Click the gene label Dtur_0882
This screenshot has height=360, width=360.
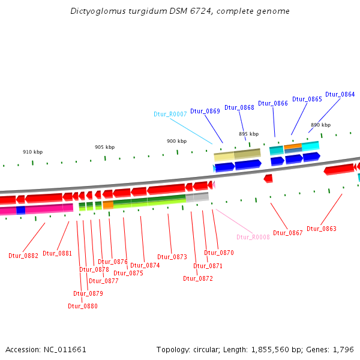click(23, 256)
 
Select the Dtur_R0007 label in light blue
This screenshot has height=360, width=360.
click(170, 114)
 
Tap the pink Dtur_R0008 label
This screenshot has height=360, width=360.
click(253, 237)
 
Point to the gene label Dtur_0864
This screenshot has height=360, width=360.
click(340, 95)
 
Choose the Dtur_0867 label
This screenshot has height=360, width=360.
click(287, 233)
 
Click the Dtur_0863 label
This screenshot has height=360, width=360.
click(321, 229)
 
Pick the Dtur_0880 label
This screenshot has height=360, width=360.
click(82, 306)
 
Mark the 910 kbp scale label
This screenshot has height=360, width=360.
click(33, 152)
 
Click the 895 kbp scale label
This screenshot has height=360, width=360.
click(248, 134)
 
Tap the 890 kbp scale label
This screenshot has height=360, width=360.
click(320, 125)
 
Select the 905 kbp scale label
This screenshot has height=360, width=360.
click(104, 147)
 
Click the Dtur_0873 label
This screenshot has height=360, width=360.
click(172, 257)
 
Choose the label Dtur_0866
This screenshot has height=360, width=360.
click(273, 103)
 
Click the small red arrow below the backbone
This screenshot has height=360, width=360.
click(268, 178)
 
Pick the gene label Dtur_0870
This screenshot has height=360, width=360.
click(218, 253)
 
